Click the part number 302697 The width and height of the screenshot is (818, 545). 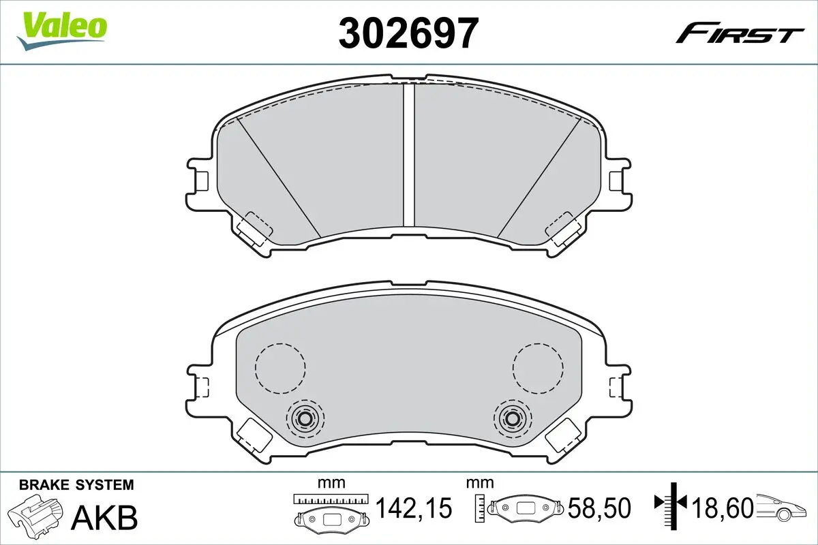coord(408,33)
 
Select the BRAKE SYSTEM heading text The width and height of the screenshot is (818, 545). coord(76,485)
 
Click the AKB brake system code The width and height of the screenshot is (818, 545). coord(104,518)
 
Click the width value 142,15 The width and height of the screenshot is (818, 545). coord(414,508)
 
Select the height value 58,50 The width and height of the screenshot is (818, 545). coord(599,508)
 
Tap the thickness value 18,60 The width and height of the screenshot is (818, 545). coord(723,508)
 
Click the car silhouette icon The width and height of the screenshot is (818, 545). coord(781,508)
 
